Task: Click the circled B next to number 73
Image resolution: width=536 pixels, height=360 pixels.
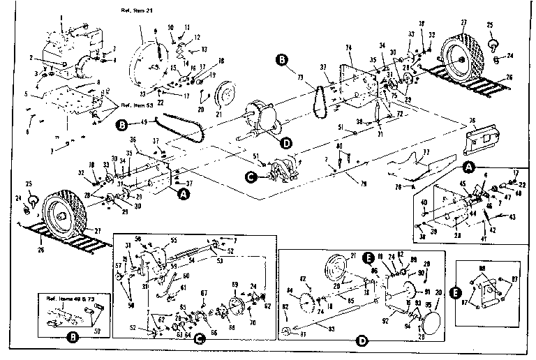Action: (281, 59)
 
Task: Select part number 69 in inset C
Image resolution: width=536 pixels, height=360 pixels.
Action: (234, 285)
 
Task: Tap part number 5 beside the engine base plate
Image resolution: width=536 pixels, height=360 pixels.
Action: (27, 93)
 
